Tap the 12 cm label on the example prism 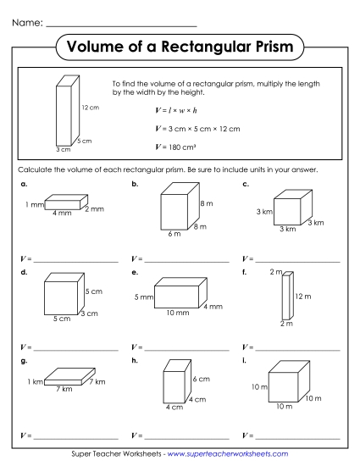click(91, 108)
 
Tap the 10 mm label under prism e click(177, 313)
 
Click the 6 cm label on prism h click(200, 378)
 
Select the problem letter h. click(134, 360)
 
